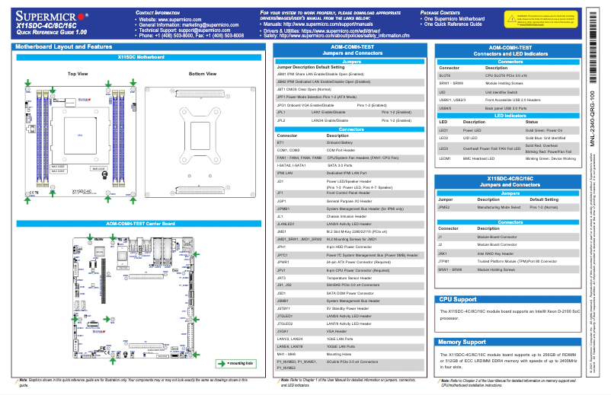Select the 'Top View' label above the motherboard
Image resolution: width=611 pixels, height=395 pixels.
pos(78,74)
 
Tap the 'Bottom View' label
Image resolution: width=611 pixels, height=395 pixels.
pos(202,74)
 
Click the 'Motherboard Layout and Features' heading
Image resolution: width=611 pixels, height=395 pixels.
pos(63,47)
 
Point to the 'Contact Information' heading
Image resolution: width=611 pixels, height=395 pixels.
pos(158,14)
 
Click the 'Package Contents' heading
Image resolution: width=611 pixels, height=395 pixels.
pos(444,14)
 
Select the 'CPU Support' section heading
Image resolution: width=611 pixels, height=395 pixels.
pos(458,300)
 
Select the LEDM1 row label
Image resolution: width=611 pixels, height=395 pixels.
pos(445,158)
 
